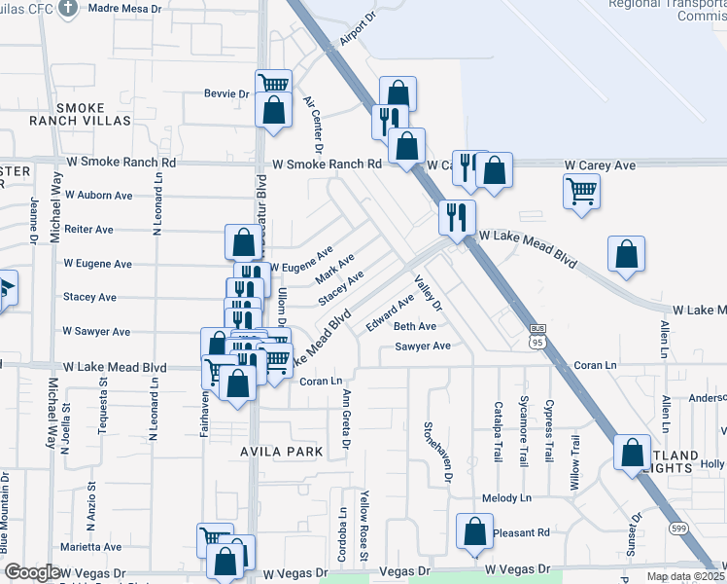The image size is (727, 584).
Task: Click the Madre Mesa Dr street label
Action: pos(129,8)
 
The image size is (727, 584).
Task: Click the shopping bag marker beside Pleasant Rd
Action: pos(474,531)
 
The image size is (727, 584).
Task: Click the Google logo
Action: pos(32,572)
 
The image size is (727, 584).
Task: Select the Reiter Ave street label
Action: pos(88,230)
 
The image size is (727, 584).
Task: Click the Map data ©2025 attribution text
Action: pos(685,576)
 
